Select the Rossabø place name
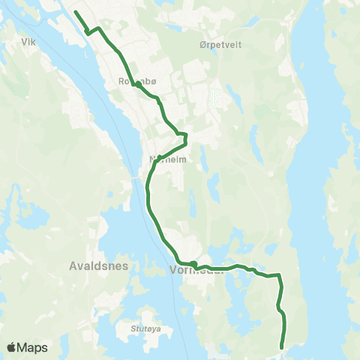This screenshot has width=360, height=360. pos(135,82)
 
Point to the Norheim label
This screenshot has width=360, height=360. pos(168,159)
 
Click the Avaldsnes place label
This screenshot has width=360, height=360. pos(99,265)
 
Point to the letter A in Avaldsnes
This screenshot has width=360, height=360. pos(73,265)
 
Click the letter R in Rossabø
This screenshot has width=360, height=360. pos(121,82)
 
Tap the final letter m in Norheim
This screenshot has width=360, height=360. pos(182,159)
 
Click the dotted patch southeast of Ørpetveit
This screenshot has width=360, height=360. pos(216,98)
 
